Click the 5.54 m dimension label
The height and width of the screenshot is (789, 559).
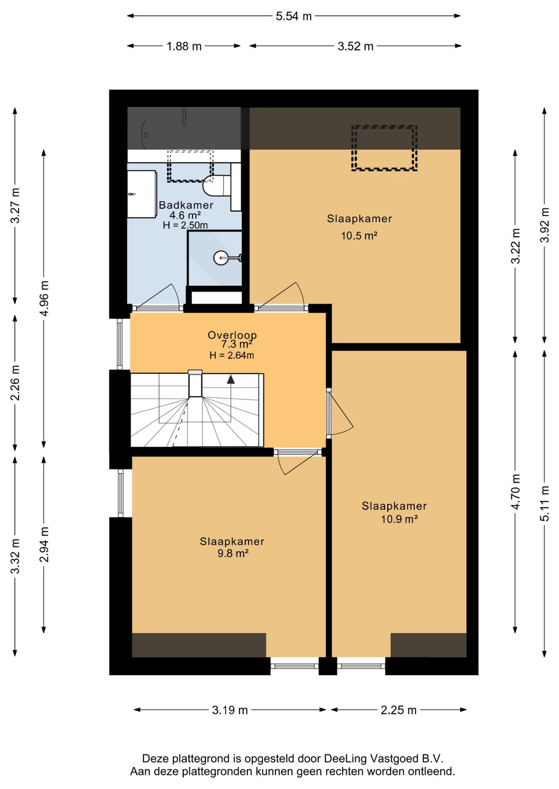pyautogui.click(x=293, y=16)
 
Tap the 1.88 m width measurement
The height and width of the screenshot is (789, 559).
pyautogui.click(x=184, y=46)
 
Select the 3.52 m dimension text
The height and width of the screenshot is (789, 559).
pyautogui.click(x=355, y=46)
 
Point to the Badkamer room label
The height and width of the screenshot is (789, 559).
pyautogui.click(x=186, y=205)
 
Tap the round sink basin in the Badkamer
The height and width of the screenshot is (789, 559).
pyautogui.click(x=221, y=258)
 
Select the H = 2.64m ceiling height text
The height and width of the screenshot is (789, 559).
pyautogui.click(x=232, y=355)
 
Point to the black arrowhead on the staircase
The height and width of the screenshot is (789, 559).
pyautogui.click(x=231, y=379)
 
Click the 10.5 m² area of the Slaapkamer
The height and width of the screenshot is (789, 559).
pyautogui.click(x=359, y=236)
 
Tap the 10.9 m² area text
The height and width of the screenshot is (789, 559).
pyautogui.click(x=399, y=519)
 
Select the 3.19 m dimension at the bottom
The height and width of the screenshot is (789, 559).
pyautogui.click(x=230, y=710)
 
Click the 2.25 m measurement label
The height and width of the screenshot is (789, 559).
pyautogui.click(x=399, y=710)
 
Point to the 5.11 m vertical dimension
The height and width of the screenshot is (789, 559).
pyautogui.click(x=545, y=503)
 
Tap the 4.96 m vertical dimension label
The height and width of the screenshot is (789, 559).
pyautogui.click(x=44, y=299)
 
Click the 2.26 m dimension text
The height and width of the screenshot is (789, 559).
pyautogui.click(x=15, y=383)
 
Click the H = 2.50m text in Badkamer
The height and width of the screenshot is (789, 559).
pyautogui.click(x=185, y=225)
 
